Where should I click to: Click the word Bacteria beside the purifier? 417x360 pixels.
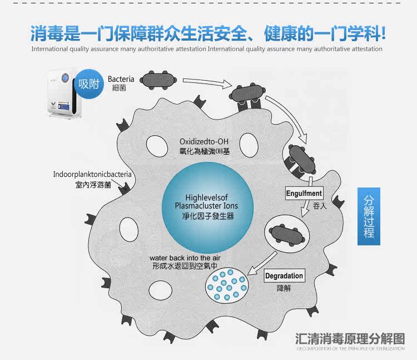pyautogui.click(x=121, y=79)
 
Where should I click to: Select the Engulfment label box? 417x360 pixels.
pyautogui.click(x=304, y=194)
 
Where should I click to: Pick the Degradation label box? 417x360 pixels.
pyautogui.click(x=284, y=276)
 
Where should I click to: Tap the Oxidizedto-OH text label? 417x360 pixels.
pyautogui.click(x=204, y=141)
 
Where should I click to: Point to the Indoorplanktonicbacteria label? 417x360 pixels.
pyautogui.click(x=92, y=174)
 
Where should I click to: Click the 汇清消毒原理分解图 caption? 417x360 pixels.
pyautogui.click(x=350, y=338)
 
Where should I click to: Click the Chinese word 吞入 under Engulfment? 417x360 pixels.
pyautogui.click(x=319, y=206)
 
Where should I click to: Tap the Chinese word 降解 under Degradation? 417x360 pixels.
pyautogui.click(x=284, y=289)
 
